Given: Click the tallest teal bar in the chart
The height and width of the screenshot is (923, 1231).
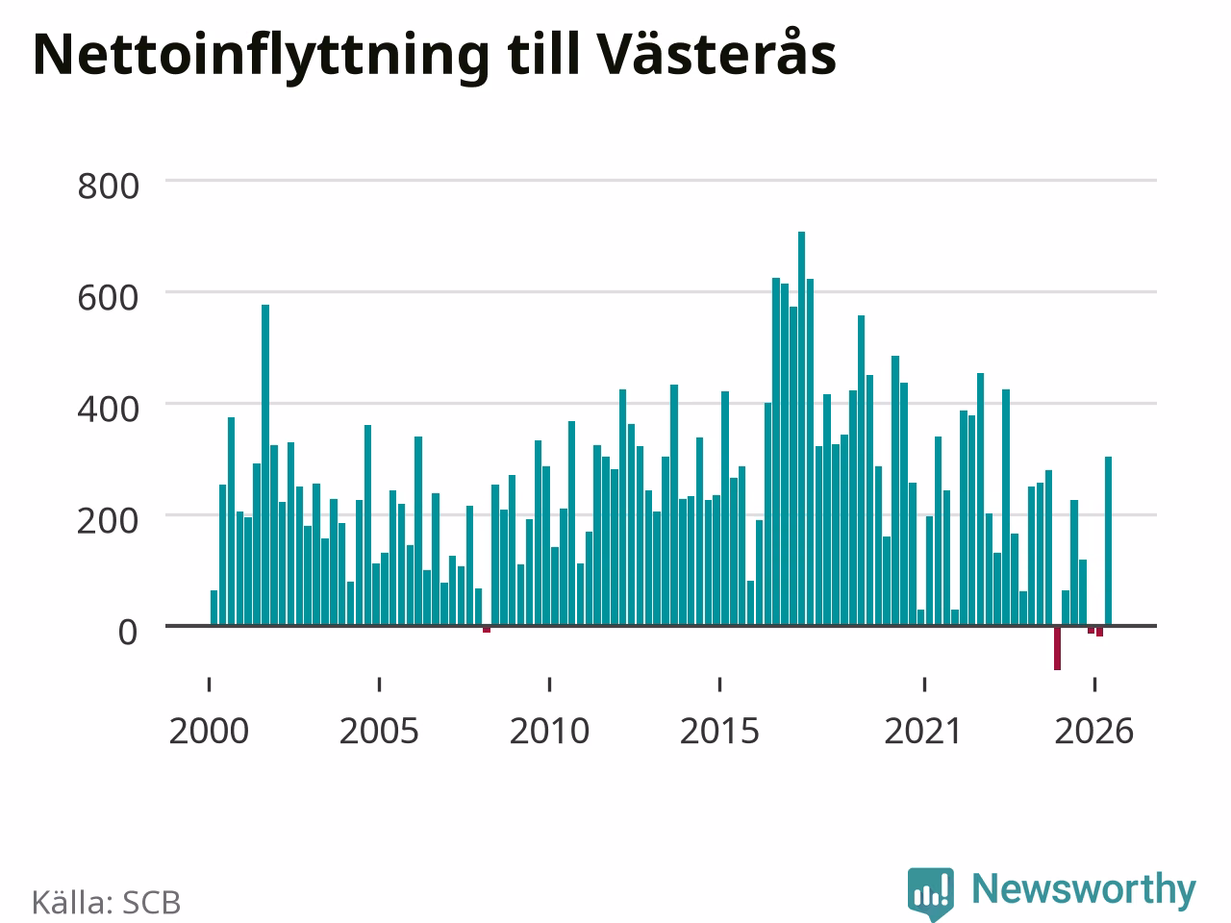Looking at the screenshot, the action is click(801, 428).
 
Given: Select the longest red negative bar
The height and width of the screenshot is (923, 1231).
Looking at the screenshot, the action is click(1057, 648).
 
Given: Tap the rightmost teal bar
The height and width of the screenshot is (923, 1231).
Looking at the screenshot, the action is click(1108, 540).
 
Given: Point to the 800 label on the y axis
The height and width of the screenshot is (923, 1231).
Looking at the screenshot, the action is click(109, 187).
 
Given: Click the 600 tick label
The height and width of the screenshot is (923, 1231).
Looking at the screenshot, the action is click(109, 298).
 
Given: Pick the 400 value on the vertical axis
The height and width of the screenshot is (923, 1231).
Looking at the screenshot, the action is click(109, 410).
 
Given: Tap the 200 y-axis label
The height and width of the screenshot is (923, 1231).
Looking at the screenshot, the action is click(109, 520).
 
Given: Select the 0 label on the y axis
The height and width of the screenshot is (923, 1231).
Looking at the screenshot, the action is click(128, 632).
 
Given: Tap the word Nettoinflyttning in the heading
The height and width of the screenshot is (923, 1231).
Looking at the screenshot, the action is click(262, 57).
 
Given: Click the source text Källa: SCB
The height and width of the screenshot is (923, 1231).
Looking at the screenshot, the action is click(106, 902).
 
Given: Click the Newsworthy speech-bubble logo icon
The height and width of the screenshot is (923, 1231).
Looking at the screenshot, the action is click(930, 893).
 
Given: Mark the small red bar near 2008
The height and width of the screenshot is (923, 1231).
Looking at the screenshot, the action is click(487, 630).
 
